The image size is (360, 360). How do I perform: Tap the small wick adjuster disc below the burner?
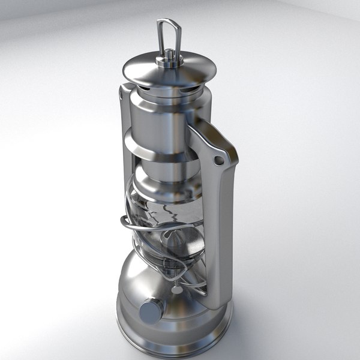[x=178, y=289]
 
